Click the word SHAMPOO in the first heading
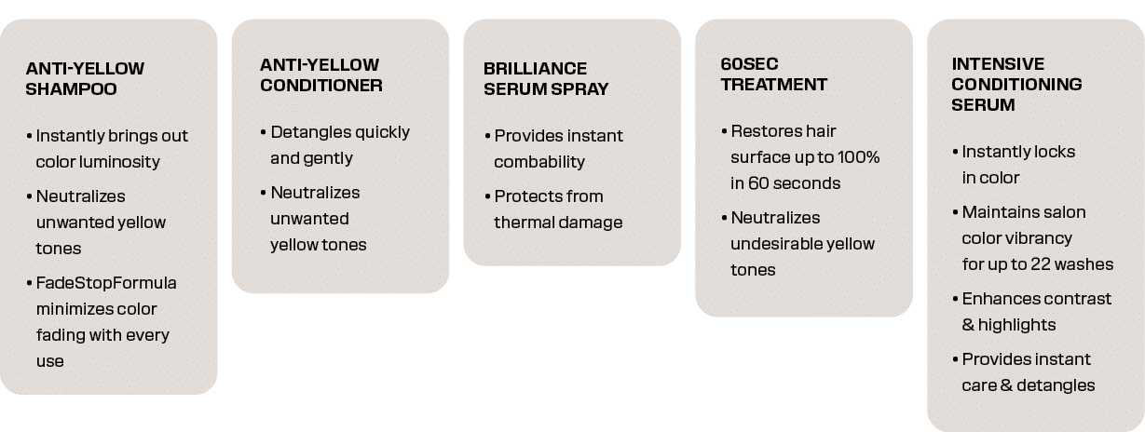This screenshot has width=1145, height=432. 71,88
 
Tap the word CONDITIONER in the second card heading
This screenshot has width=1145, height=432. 321,86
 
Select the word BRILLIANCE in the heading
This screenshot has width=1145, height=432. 535,68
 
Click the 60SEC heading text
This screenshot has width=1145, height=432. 749,64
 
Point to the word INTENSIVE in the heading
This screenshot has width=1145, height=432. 998,64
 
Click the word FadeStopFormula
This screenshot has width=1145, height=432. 106,283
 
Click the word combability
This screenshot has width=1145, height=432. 539,162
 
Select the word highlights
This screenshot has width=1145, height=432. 1016,325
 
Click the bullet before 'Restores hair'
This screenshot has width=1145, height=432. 724,131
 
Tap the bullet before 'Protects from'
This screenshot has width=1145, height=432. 487,196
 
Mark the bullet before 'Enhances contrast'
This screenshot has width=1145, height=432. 955,299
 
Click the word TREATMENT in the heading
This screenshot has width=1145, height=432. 774,84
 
